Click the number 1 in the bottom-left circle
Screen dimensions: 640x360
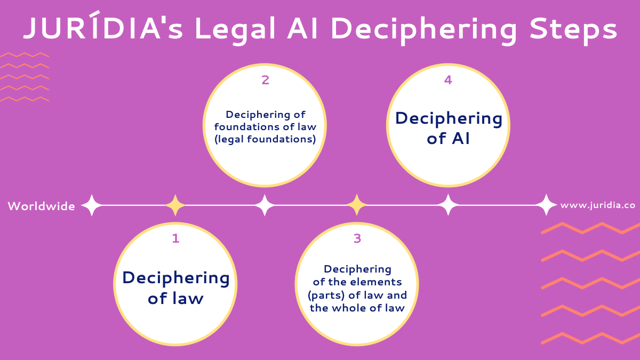pos(175,238)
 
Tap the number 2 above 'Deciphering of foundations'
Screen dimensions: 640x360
pos(266,80)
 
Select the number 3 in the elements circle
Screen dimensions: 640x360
pos(357,238)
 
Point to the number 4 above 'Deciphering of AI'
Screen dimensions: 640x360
pos(448,80)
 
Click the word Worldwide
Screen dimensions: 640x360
pos(42,206)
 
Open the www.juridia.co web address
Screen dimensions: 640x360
pos(598,205)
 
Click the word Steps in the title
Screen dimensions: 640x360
pos(573,29)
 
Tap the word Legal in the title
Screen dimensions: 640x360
pos(235,29)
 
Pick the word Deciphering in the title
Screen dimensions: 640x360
pos(423,30)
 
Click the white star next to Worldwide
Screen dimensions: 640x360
pos(91,205)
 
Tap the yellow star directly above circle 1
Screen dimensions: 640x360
pos(175,205)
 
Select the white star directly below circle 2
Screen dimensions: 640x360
pos(265,205)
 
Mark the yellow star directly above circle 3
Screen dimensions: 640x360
pos(357,205)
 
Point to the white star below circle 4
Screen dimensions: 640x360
pos(448,205)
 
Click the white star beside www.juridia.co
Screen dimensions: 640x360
pos(546,205)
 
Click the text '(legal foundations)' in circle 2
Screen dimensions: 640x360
pos(265,139)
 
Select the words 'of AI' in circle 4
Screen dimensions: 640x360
pos(448,139)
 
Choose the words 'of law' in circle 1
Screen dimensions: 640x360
pos(175,298)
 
